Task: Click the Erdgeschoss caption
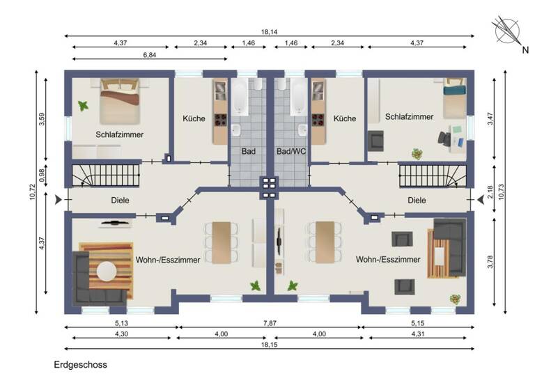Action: click(80, 364)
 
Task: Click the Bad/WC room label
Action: click(290, 150)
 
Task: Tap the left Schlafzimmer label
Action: click(120, 134)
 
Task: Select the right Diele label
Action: click(417, 200)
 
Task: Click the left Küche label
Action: click(194, 118)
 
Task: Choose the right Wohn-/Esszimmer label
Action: click(388, 260)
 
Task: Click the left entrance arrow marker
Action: click(56, 200)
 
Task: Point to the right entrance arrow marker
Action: click(481, 200)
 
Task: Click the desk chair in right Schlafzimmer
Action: click(444, 138)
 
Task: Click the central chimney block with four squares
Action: click(268, 185)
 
